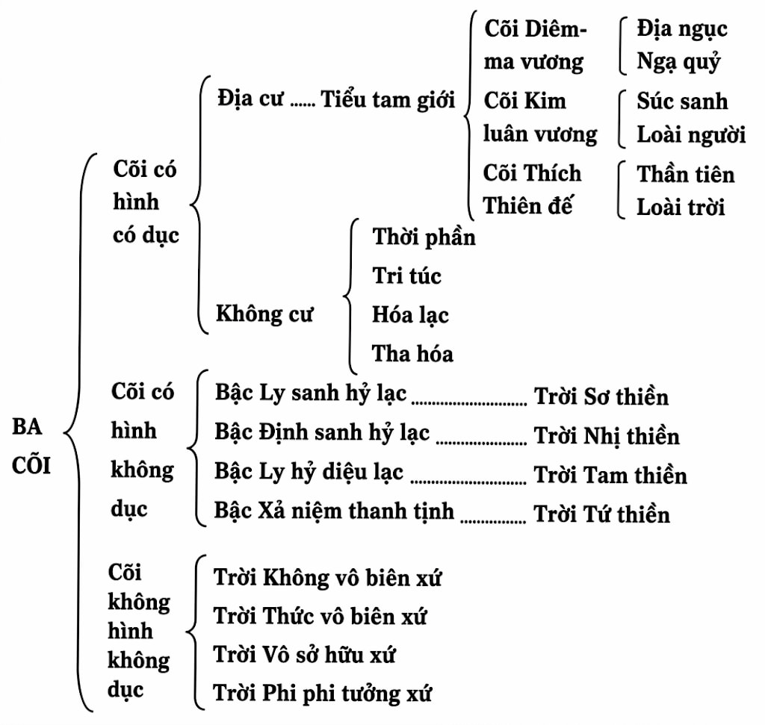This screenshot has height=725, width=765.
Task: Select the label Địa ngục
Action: tap(681, 29)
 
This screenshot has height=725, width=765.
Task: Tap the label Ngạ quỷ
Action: tap(678, 62)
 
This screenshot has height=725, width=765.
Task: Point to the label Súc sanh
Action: tap(681, 101)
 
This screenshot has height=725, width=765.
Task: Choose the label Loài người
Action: tap(691, 134)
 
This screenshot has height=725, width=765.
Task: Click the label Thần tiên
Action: tap(685, 174)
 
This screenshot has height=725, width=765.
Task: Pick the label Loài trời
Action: tap(680, 206)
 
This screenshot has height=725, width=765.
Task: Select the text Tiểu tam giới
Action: tap(388, 99)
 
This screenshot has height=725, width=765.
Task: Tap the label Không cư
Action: tap(264, 314)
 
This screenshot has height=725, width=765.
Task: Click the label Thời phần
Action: tap(424, 237)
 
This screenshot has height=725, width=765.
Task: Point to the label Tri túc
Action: tap(406, 276)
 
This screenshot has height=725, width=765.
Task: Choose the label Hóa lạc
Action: tap(410, 314)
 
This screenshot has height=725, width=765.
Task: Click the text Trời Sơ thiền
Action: tap(601, 396)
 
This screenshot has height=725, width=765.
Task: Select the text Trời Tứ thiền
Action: tap(601, 514)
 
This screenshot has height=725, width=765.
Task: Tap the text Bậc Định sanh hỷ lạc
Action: tap(322, 432)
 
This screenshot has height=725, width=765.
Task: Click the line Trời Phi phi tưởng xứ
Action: tap(323, 693)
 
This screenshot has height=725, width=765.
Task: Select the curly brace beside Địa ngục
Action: tap(622, 46)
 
